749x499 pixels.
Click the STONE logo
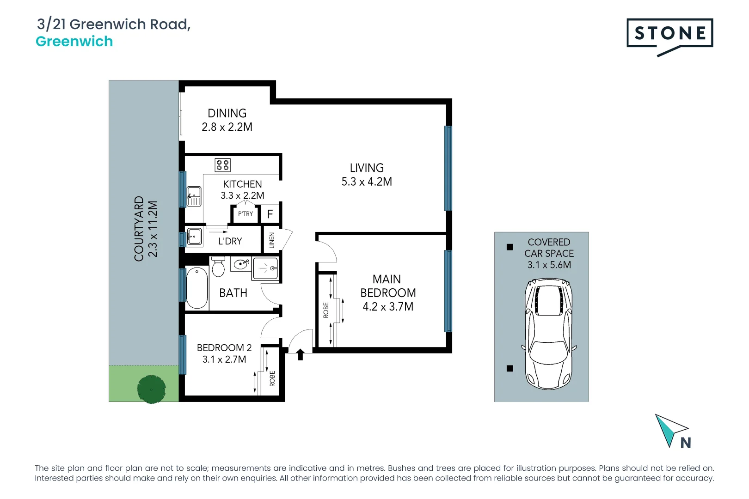click(669, 34)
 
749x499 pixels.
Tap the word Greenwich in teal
click(74, 42)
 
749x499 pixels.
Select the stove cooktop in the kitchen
click(223, 165)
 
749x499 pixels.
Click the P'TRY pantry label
click(246, 214)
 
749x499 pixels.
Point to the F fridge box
click(270, 214)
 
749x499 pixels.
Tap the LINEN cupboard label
click(272, 240)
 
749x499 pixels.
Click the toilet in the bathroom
click(218, 267)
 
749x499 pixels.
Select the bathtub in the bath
click(197, 287)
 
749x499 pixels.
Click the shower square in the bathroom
click(265, 268)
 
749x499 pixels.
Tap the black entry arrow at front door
click(300, 354)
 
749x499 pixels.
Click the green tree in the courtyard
click(152, 389)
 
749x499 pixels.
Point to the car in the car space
click(549, 334)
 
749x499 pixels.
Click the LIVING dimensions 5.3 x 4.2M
click(367, 182)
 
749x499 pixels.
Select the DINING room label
click(227, 114)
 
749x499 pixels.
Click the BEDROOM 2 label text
click(224, 348)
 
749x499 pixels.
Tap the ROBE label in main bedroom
click(326, 310)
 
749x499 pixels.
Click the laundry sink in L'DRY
click(194, 237)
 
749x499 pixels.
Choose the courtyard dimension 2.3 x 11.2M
click(153, 229)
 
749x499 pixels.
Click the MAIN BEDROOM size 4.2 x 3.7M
click(388, 307)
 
